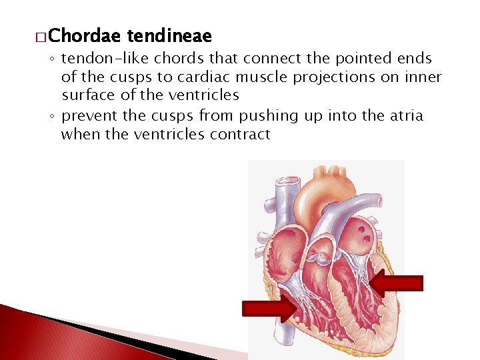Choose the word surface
91,96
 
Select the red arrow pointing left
397,283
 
